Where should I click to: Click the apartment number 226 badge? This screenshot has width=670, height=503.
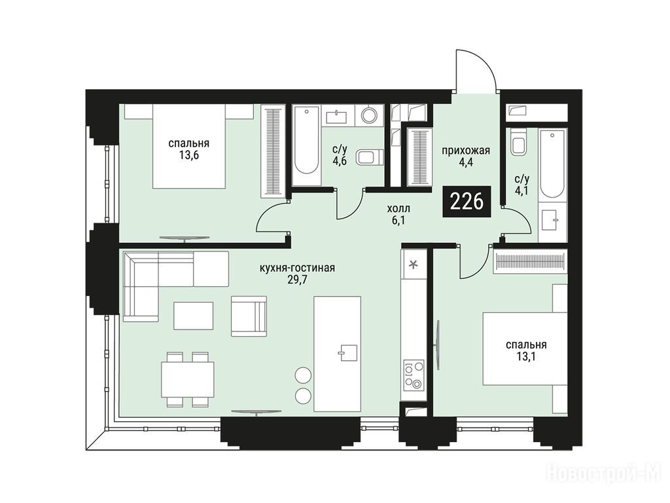coord(467,202)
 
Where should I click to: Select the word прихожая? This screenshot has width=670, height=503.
coord(466,151)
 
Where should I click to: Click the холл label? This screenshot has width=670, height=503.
coord(398,209)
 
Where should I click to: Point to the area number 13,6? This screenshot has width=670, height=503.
coord(189,155)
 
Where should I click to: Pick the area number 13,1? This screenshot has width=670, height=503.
coord(526,356)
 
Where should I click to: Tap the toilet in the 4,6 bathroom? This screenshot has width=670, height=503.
coord(370,157)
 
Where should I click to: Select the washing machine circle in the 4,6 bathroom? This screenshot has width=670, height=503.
coord(369,115)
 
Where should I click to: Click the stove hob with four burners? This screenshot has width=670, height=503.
coord(414,374)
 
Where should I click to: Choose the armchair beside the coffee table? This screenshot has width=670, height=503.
coord(249,316)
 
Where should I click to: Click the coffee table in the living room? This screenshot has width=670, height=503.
coord(194,315)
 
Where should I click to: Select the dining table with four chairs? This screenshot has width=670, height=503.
coord(188,379)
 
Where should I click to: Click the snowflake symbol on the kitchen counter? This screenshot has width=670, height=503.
coord(414,265)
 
